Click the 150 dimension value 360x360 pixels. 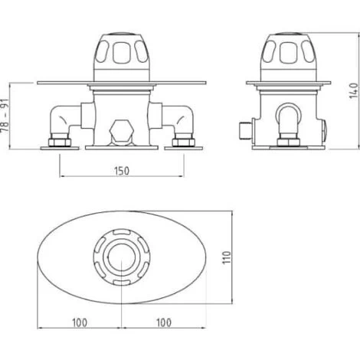(122, 171)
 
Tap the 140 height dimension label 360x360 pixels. (354, 90)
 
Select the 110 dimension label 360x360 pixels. (227, 257)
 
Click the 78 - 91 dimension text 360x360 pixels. (5, 116)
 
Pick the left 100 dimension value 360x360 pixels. (80, 322)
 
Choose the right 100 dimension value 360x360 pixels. (164, 322)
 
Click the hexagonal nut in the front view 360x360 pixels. (122, 129)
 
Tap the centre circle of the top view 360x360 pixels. (121, 256)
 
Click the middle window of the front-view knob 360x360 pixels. (121, 53)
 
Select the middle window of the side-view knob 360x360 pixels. (289, 53)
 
